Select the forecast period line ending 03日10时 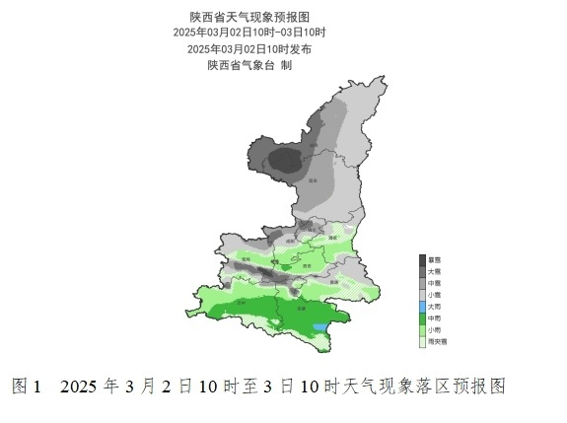(x=248, y=33)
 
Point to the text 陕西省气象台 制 (x=248, y=65)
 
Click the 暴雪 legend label (x=435, y=258)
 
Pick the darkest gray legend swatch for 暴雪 (x=422, y=258)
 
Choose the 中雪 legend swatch (x=422, y=282)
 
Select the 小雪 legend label (x=435, y=294)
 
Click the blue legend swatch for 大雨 (x=422, y=306)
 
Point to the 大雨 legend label (x=435, y=306)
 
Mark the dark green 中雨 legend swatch (x=422, y=317)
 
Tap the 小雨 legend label (x=435, y=329)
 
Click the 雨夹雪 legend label (x=438, y=340)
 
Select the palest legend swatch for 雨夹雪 (x=422, y=340)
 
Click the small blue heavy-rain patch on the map (x=319, y=326)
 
